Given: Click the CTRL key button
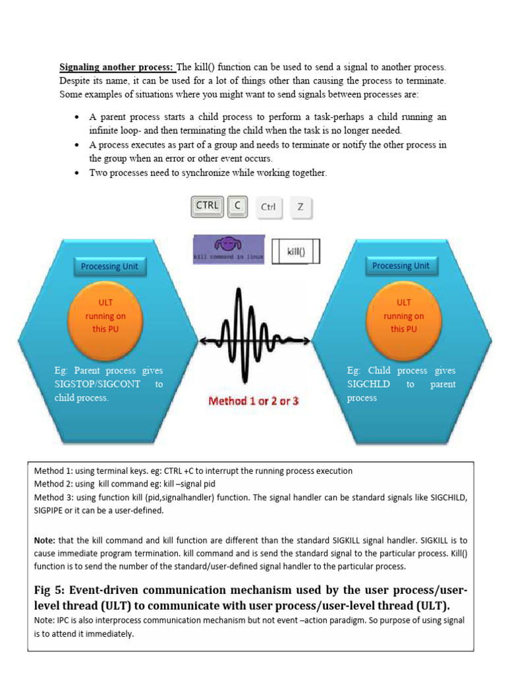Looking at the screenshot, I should click(208, 206).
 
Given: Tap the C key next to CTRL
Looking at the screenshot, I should click(237, 206).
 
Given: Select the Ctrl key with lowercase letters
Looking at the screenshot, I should click(268, 207).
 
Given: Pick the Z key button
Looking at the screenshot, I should click(300, 207).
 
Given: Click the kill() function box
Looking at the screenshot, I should click(296, 250).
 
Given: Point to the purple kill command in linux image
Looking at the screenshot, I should click(229, 250).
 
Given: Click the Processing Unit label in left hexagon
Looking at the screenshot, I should click(109, 266).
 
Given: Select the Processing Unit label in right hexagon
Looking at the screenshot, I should click(401, 266).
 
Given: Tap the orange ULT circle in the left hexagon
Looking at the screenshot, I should click(105, 315).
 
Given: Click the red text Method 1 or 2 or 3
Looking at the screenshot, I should click(253, 401).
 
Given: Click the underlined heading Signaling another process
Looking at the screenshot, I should click(117, 67).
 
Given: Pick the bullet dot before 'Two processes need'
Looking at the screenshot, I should click(77, 173).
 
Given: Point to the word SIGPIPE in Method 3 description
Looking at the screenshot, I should click(51, 510).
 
